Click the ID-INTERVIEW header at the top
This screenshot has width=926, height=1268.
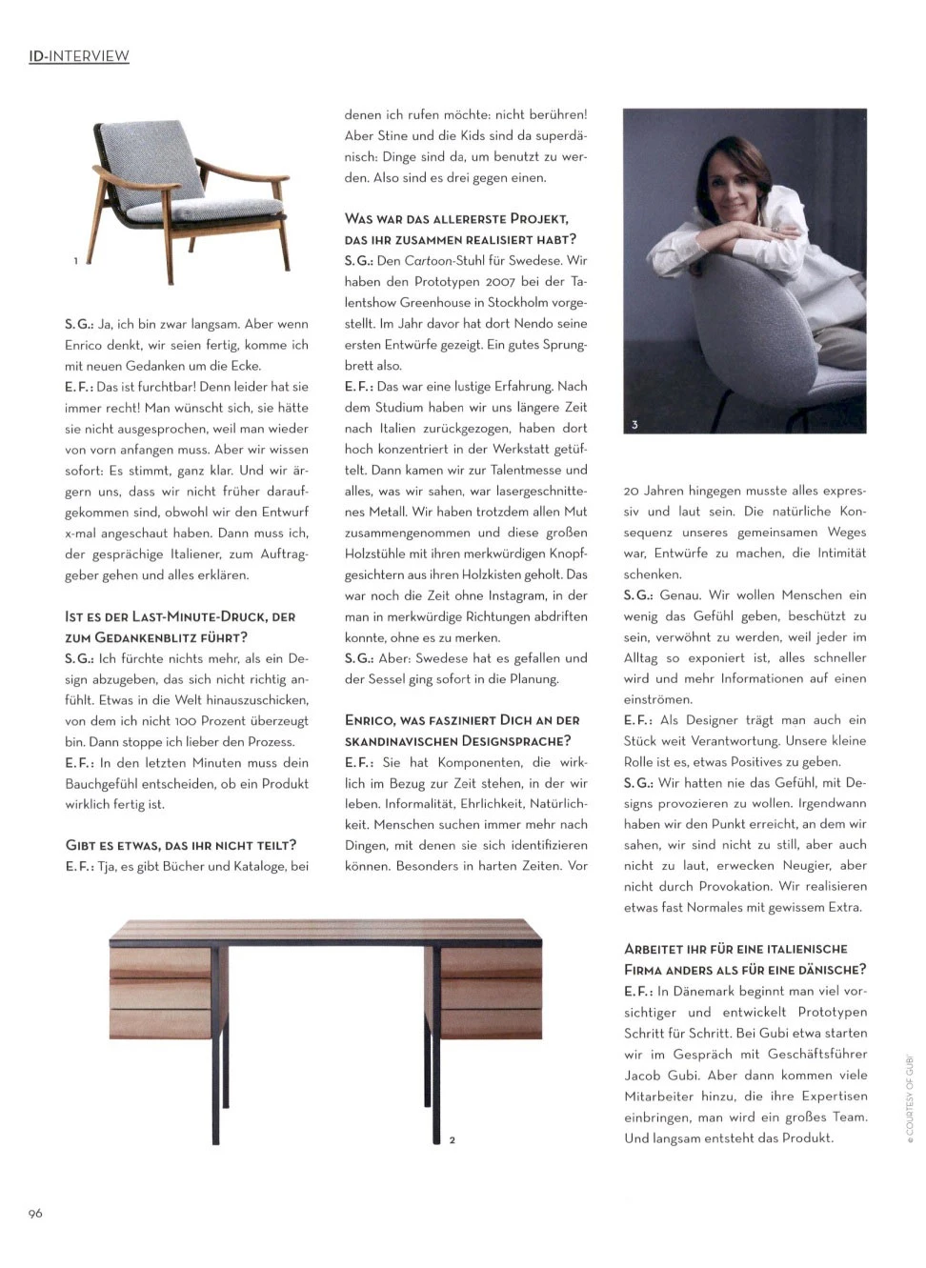[x=78, y=56]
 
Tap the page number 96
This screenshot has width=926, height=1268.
[x=35, y=1213]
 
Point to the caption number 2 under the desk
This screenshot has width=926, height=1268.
[x=452, y=1139]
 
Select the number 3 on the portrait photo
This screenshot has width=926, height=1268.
[x=634, y=425]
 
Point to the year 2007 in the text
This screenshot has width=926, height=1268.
[x=500, y=281]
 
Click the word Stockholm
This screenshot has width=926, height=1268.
[x=516, y=302]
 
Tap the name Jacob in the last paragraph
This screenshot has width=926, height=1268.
[x=644, y=1075]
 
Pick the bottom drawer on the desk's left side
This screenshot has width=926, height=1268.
[x=160, y=1023]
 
